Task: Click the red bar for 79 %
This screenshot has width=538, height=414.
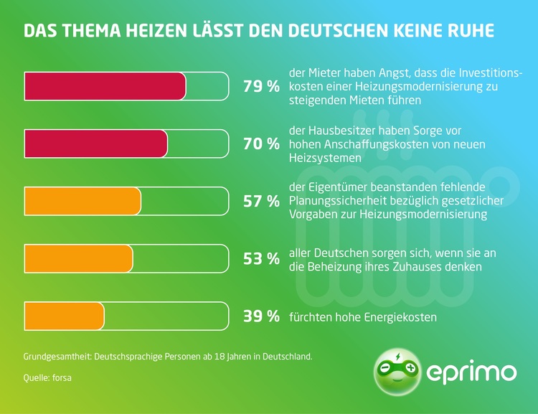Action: [x=105, y=87]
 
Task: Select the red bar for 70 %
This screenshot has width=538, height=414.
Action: [x=95, y=144]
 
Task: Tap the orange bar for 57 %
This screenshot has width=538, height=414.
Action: [x=82, y=202]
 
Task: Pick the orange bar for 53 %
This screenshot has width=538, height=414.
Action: [x=78, y=258]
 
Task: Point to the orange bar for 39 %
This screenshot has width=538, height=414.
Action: [x=64, y=316]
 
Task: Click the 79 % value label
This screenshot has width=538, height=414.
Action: [x=261, y=87]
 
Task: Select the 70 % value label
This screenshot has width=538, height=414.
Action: [x=261, y=144]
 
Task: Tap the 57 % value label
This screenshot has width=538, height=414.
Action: [x=261, y=202]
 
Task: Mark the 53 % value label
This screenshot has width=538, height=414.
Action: [x=261, y=258]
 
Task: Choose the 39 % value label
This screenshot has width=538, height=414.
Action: [x=261, y=316]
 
